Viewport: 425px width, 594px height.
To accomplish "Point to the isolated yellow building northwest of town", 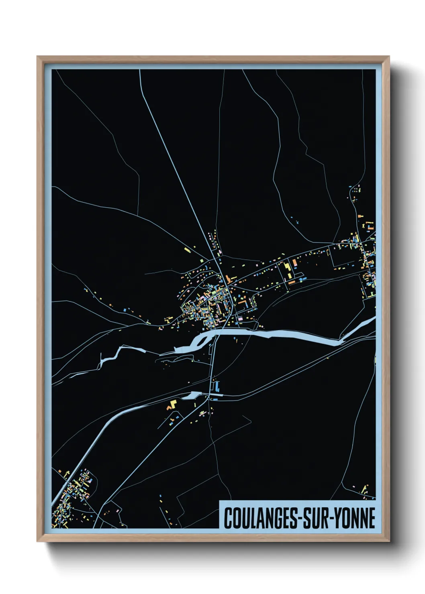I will click(187, 250).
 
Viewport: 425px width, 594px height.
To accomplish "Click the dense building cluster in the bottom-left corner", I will click(72, 498).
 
